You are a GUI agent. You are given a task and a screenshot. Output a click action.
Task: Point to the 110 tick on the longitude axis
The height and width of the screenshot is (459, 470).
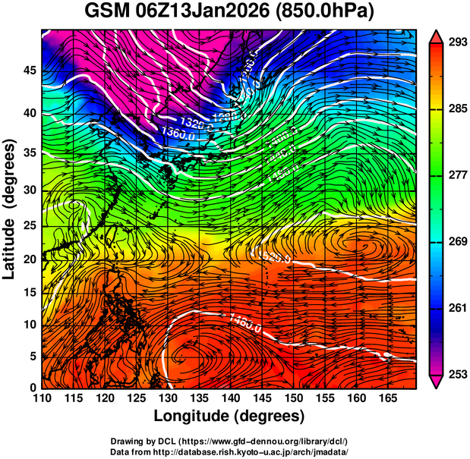[41, 398]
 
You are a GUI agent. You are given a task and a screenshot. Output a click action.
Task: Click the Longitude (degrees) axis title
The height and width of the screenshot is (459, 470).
[229, 417]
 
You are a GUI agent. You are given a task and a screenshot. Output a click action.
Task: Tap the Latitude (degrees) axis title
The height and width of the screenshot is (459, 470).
[10, 209]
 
